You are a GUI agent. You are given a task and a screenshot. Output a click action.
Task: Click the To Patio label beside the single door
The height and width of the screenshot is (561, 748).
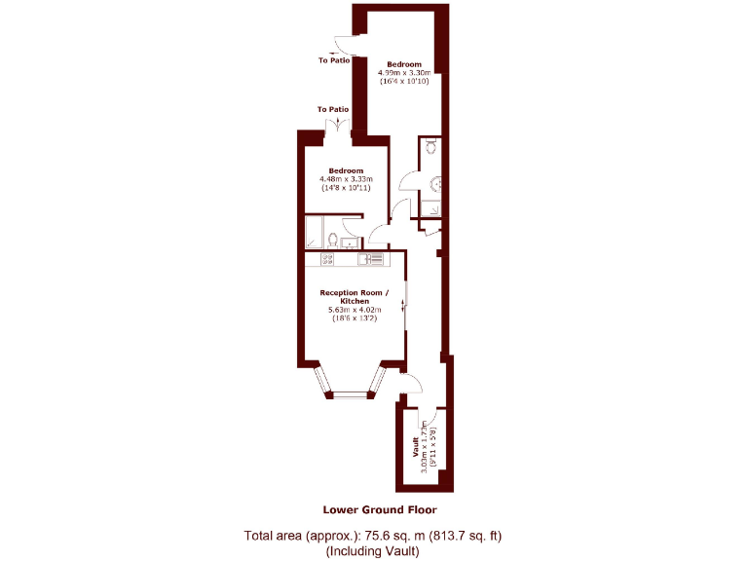pyautogui.click(x=333, y=60)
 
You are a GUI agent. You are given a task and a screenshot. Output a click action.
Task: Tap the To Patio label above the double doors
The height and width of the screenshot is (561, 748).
pyautogui.click(x=333, y=109)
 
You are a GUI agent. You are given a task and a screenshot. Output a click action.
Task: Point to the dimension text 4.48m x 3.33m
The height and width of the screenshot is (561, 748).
pyautogui.click(x=346, y=179)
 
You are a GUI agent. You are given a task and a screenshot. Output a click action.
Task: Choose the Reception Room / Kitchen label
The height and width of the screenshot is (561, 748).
pyautogui.click(x=354, y=297)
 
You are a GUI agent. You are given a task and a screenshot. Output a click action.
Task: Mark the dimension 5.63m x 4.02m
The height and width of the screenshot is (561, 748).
pyautogui.click(x=354, y=311)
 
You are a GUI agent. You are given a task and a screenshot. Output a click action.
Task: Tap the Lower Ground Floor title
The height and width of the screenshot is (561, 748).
pyautogui.click(x=380, y=509)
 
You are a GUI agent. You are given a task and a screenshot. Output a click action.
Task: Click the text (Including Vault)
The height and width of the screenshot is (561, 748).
pyautogui.click(x=373, y=551)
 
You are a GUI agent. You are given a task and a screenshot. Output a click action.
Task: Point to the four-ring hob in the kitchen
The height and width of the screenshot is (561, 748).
pyautogui.click(x=326, y=259)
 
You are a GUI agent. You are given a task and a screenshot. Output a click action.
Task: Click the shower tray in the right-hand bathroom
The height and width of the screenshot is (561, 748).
pyautogui.click(x=431, y=206)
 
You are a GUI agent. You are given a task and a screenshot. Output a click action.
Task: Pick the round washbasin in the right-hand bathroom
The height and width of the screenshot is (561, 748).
pyautogui.click(x=436, y=181)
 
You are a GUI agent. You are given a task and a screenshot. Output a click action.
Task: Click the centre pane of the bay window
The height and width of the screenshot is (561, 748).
pyautogui.click(x=350, y=394)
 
